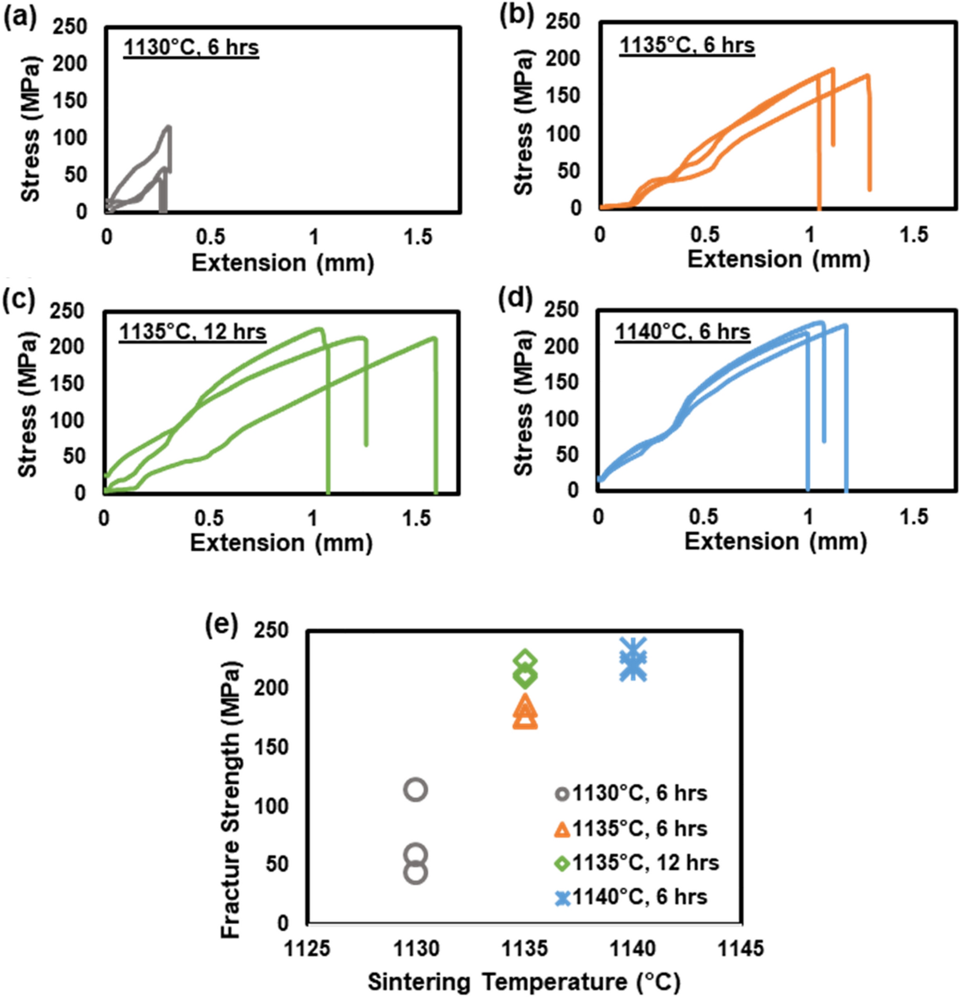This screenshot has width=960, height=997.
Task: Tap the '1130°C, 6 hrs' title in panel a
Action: tap(191, 47)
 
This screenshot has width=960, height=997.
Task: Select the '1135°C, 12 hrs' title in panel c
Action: tap(193, 332)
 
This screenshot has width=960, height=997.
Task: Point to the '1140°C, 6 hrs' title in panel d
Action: tap(683, 331)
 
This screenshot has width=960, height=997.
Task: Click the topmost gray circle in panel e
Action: tap(415, 789)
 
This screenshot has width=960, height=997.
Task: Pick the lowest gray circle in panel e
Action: tap(415, 872)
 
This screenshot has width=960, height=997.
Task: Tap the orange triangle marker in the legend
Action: tap(563, 829)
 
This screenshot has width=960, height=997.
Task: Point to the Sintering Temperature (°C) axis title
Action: tap(524, 982)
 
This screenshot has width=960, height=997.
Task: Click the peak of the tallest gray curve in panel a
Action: tap(169, 126)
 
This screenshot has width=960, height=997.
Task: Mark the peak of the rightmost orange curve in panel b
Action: tap(868, 75)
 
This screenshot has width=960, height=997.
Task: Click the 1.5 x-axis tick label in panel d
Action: tap(914, 517)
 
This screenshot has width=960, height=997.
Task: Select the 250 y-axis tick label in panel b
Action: tap(563, 22)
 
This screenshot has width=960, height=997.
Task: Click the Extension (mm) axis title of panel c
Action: tap(281, 543)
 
